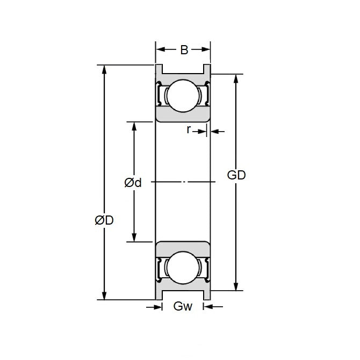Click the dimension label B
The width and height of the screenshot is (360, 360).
click(x=184, y=50)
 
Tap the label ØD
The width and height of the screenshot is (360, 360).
click(x=104, y=220)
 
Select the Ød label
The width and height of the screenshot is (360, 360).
click(x=133, y=183)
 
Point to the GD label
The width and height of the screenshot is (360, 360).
click(x=236, y=175)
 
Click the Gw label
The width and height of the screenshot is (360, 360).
click(x=183, y=306)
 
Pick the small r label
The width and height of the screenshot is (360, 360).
click(x=189, y=129)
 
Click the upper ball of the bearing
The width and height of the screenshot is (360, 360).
click(x=183, y=96)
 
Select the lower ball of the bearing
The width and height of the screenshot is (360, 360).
click(x=183, y=268)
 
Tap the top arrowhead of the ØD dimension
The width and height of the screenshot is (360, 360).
click(x=104, y=69)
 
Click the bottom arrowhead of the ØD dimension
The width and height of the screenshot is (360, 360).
click(x=104, y=296)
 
